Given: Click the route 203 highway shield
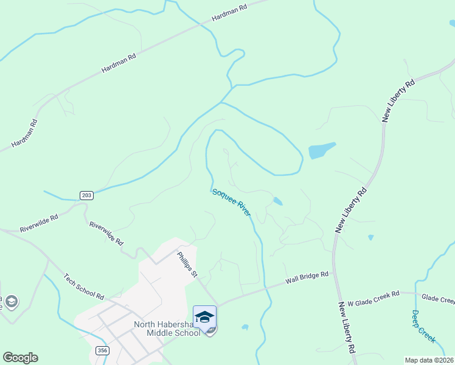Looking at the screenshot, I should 86,195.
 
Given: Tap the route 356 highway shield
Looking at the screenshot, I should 102,351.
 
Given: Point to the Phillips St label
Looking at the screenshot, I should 187,265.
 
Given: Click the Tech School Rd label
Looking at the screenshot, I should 84,286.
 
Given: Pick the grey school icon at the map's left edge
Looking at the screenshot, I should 11,302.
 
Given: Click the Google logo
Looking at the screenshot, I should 20,358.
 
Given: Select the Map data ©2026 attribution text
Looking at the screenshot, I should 429,360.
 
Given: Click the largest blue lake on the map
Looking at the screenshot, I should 321,150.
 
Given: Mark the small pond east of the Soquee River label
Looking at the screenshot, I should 277,201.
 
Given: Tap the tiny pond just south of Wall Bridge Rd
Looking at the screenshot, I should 245,327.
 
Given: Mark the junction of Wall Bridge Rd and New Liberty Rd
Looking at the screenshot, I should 334,273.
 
